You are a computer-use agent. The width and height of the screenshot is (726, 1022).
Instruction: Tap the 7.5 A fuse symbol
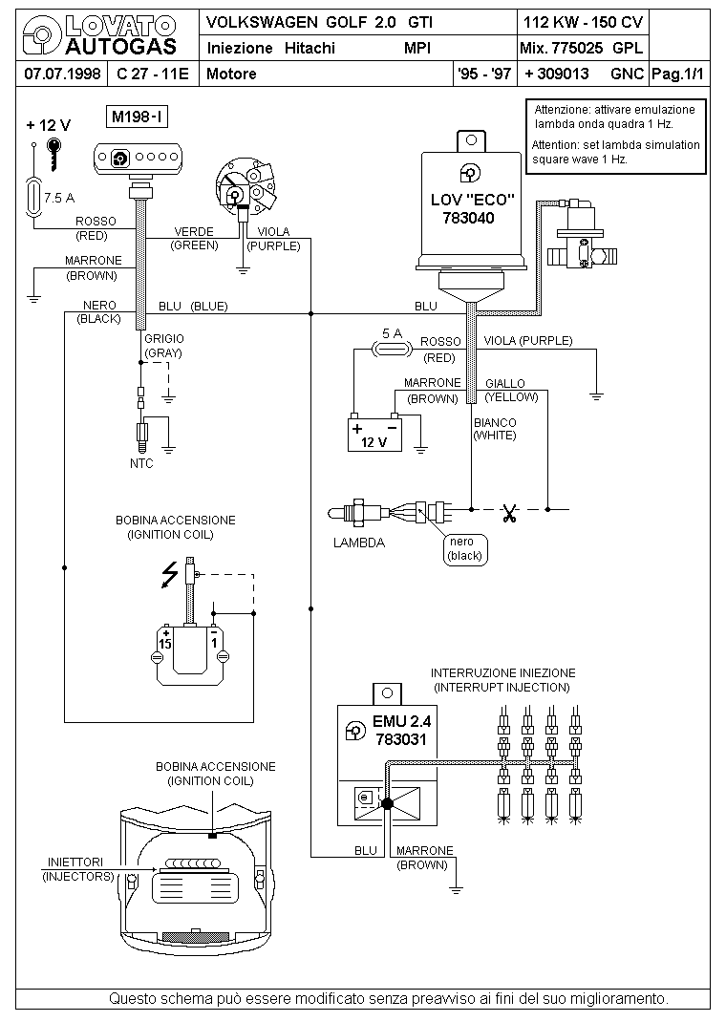(x=35, y=200)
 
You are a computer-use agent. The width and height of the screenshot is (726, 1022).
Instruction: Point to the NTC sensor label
(x=141, y=463)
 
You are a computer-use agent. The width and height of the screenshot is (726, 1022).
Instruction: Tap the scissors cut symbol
(x=508, y=515)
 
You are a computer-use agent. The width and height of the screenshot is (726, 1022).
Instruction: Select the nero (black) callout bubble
(x=466, y=548)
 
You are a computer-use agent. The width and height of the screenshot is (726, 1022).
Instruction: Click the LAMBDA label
(x=359, y=543)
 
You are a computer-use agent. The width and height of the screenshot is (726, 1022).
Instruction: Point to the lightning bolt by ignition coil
(x=171, y=573)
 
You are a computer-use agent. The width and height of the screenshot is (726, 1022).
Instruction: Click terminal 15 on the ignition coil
(x=166, y=639)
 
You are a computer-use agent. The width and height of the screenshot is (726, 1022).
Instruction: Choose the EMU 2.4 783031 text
(x=400, y=731)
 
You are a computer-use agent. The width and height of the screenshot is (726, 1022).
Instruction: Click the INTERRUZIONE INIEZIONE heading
(x=502, y=679)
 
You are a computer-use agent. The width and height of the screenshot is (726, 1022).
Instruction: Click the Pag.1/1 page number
(x=677, y=74)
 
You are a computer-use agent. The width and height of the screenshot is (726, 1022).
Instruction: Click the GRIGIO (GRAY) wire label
(x=163, y=346)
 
